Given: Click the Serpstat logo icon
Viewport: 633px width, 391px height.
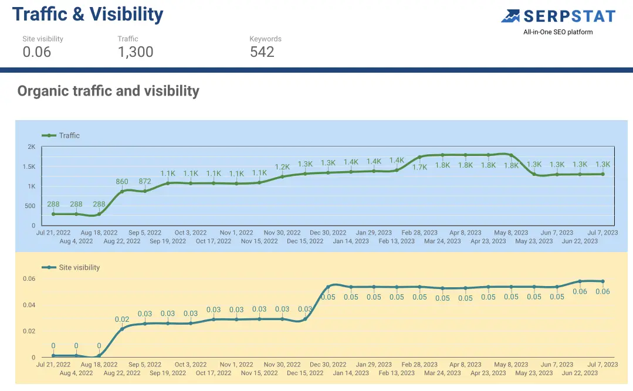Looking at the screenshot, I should click(511, 16).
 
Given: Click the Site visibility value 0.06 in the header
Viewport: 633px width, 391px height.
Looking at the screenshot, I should click(37, 52).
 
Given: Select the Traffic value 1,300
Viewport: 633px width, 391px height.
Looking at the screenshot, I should click(136, 52).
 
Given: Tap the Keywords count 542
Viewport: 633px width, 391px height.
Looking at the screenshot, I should click(262, 52).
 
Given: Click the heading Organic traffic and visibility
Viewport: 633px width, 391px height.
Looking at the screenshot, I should click(109, 91).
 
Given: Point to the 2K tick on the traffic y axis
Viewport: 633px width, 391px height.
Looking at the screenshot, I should click(32, 147).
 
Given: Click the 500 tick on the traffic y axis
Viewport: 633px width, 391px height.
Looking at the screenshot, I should click(30, 206).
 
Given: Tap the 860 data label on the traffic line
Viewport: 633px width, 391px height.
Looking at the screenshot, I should click(122, 182).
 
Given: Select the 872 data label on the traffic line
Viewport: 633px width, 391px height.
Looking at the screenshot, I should click(145, 181).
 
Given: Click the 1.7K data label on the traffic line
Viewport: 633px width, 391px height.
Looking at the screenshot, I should click(419, 167).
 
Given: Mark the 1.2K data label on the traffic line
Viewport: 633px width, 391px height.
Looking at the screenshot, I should click(282, 167).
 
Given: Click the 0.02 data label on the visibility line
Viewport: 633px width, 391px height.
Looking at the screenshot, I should click(122, 319).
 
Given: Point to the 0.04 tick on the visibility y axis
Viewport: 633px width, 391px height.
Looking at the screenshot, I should click(29, 305).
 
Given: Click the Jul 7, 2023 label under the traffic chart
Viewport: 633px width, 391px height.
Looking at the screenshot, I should click(602, 233).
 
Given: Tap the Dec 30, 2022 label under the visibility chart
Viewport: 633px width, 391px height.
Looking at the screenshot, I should click(328, 365).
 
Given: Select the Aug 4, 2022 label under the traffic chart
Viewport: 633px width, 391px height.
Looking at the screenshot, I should click(76, 241).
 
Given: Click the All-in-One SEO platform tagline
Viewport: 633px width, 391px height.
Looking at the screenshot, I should click(558, 32).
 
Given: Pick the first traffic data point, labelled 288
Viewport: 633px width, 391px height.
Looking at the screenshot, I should click(53, 214).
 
